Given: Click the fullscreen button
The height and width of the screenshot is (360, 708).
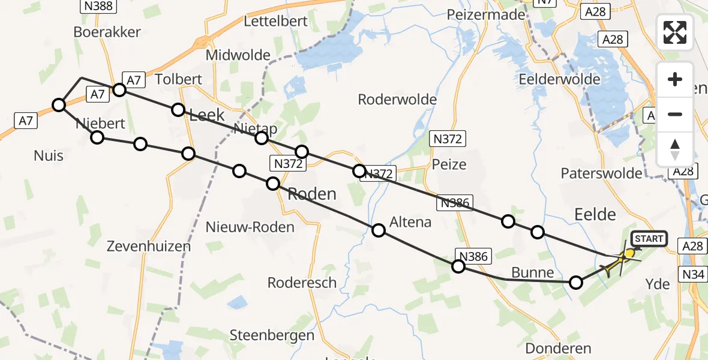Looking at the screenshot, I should [x=675, y=32].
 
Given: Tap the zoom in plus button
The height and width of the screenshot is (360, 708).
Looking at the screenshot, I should [x=675, y=79].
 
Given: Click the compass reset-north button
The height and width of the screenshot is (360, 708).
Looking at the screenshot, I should [x=675, y=149].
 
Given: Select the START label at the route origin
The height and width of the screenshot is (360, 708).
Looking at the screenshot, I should [x=649, y=239].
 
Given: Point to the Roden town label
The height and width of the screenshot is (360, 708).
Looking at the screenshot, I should [x=312, y=194].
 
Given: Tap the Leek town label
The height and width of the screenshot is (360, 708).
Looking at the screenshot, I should [x=206, y=115].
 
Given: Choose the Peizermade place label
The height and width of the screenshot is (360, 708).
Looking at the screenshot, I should [x=486, y=15].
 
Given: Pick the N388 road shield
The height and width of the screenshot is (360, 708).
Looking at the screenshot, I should [x=99, y=6].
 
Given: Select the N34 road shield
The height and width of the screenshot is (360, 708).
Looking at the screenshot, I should [x=693, y=274].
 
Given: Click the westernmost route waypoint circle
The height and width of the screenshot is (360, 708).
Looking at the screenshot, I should [x=59, y=106].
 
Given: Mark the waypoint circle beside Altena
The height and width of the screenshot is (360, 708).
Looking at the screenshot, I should [x=379, y=230].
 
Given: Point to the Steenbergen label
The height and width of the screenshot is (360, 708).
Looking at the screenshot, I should [x=272, y=335].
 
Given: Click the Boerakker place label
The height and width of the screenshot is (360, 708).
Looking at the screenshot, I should [x=107, y=32].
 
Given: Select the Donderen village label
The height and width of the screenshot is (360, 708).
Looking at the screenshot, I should [x=558, y=348].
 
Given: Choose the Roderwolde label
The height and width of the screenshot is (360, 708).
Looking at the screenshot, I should [x=397, y=99].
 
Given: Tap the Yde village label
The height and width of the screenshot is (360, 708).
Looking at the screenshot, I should [x=658, y=284].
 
